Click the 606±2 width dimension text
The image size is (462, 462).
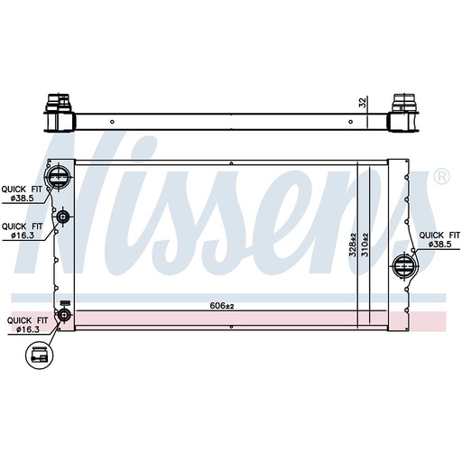click(222, 306)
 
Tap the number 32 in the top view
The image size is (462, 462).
click(363, 104)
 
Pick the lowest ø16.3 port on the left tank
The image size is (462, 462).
click(63, 314)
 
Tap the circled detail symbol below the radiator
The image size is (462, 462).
click(39, 357)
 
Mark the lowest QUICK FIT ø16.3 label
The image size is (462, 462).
click(23, 325)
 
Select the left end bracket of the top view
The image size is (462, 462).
click(58, 114)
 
